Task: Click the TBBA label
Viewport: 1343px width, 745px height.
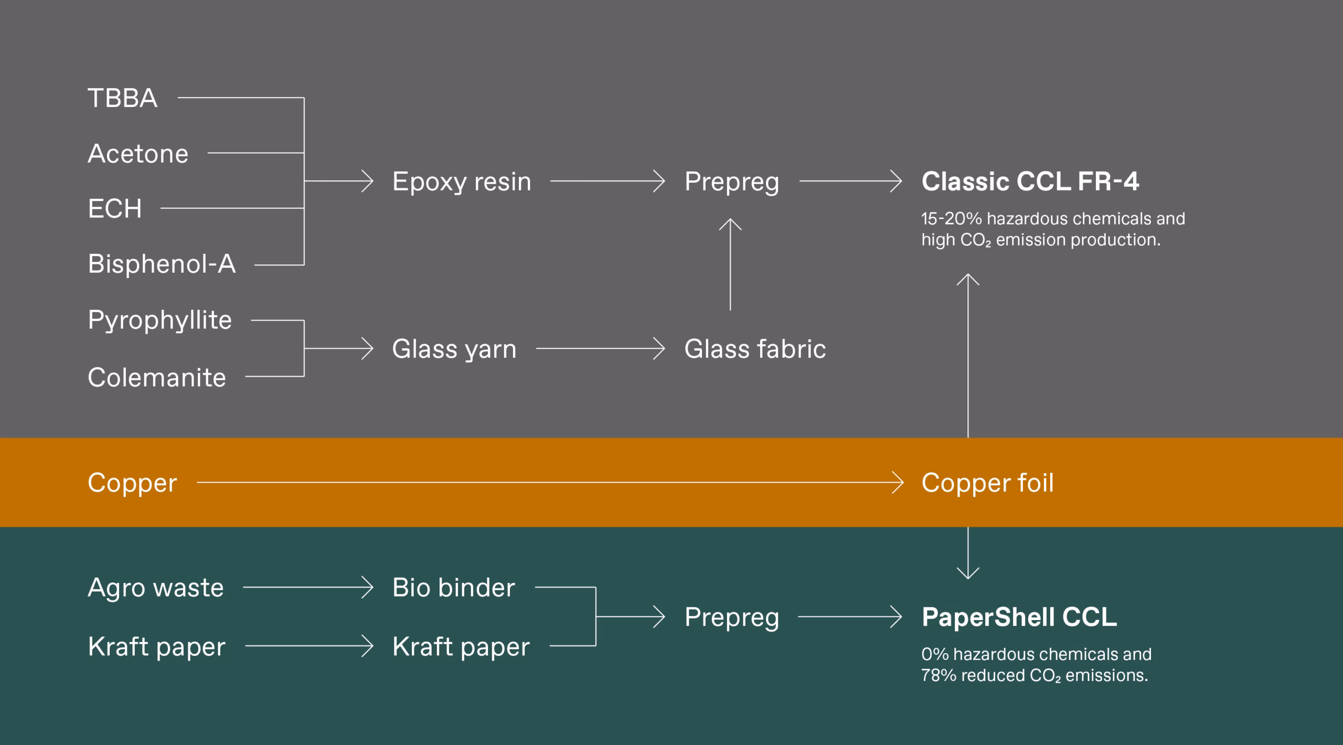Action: point(122,98)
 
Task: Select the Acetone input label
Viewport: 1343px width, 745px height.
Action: point(138,154)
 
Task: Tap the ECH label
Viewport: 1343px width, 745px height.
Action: point(115,209)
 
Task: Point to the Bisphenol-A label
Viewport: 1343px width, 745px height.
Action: point(162,264)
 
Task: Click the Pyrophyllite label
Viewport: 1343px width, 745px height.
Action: point(159,320)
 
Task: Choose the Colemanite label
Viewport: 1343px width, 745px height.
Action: point(157,377)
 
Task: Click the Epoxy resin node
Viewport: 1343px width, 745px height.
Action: point(462,182)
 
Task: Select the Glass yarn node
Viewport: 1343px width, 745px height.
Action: point(454,349)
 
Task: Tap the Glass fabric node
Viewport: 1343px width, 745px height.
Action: point(755,349)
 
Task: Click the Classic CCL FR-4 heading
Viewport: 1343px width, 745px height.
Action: point(1030,182)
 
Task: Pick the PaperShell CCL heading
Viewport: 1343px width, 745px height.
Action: point(1019,617)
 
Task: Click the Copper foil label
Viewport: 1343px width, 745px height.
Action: point(987,483)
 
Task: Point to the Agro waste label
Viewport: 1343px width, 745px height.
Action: point(156,588)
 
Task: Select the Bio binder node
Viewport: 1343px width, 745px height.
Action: point(453,588)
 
